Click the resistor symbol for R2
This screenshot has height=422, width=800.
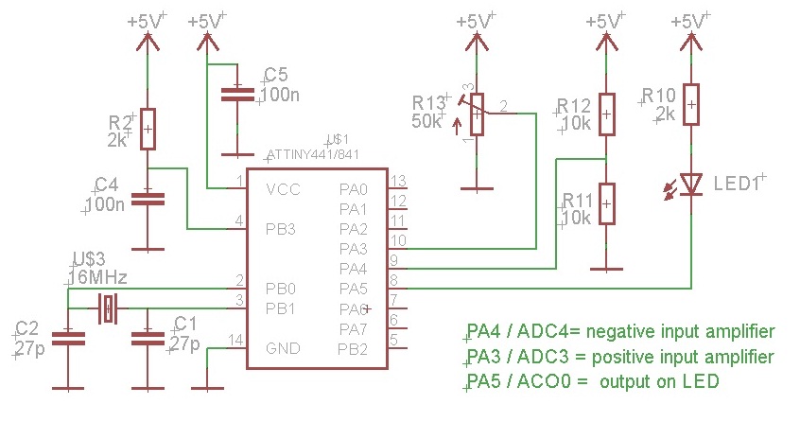click(x=148, y=129)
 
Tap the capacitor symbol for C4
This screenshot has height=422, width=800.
click(x=147, y=198)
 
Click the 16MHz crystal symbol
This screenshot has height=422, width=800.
click(x=109, y=308)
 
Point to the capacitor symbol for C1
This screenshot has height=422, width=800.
click(x=148, y=337)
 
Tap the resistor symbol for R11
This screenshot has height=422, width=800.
click(x=606, y=203)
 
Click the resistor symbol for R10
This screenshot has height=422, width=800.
click(x=691, y=104)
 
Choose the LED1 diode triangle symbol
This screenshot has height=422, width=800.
click(x=691, y=184)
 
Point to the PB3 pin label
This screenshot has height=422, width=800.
click(x=281, y=229)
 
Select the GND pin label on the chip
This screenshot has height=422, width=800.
click(x=282, y=348)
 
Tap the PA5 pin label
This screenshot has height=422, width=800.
click(x=353, y=289)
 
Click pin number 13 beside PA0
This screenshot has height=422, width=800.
click(x=398, y=181)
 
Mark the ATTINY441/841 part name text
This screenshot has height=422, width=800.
click(x=313, y=153)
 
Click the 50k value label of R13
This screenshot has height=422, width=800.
click(x=426, y=121)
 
